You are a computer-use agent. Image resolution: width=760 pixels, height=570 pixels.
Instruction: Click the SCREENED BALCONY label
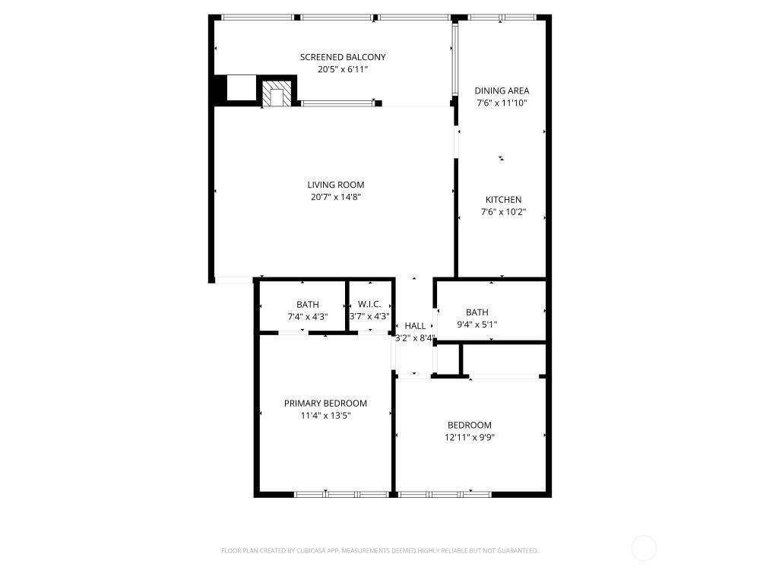pyautogui.click(x=343, y=57)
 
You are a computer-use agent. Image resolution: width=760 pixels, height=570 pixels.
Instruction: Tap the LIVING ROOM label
pyautogui.click(x=335, y=185)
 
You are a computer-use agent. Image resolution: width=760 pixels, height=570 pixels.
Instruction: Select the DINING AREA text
pyautogui.click(x=502, y=90)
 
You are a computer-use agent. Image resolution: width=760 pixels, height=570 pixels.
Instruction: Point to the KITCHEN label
pyautogui.click(x=504, y=200)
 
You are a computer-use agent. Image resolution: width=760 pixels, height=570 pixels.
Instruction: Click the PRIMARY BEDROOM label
pyautogui.click(x=325, y=404)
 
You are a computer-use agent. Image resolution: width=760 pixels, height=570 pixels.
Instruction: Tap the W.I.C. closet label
pyautogui.click(x=369, y=305)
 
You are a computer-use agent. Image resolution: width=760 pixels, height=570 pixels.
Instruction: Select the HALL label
pyautogui.click(x=415, y=326)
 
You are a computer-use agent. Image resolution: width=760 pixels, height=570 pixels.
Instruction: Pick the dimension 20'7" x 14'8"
pyautogui.click(x=335, y=198)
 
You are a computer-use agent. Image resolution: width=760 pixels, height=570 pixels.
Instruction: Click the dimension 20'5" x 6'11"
pyautogui.click(x=343, y=69)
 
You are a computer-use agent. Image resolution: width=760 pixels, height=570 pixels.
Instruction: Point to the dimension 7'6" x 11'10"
pyautogui.click(x=502, y=103)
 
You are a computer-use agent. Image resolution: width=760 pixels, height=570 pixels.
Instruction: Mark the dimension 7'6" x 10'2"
pyautogui.click(x=504, y=212)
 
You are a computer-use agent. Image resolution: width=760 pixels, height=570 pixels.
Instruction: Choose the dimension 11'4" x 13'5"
pyautogui.click(x=325, y=416)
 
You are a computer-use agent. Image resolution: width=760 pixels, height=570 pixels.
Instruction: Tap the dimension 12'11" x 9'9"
pyautogui.click(x=470, y=438)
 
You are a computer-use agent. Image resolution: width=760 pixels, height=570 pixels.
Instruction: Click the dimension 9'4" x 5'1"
pyautogui.click(x=477, y=325)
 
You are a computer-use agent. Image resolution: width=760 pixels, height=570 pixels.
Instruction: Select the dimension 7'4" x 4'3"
pyautogui.click(x=308, y=317)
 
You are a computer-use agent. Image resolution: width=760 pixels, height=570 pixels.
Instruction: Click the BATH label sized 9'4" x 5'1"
pyautogui.click(x=477, y=312)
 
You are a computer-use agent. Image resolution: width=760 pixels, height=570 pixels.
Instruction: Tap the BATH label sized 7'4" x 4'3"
pyautogui.click(x=308, y=305)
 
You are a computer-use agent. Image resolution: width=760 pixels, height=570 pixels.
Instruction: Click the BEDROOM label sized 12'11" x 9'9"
pyautogui.click(x=470, y=426)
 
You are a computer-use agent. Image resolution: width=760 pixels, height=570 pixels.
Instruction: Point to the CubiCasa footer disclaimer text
pyautogui.click(x=379, y=550)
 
